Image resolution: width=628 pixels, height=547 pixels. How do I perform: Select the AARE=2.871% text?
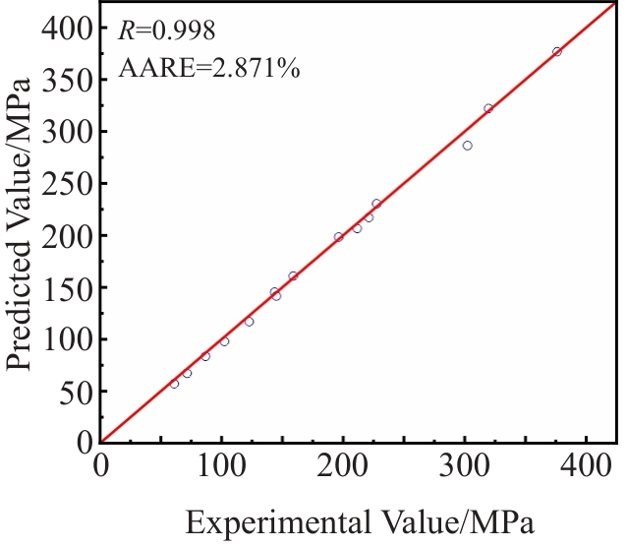[x=208, y=68]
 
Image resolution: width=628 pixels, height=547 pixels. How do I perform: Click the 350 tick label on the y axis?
[x=66, y=81]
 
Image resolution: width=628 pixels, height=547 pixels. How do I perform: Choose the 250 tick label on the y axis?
[x=66, y=184]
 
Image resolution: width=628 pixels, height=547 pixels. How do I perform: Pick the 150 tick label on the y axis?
[x=66, y=287]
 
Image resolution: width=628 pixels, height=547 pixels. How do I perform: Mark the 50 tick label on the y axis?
[x=73, y=391]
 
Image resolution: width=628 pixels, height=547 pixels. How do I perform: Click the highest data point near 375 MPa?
[x=556, y=51]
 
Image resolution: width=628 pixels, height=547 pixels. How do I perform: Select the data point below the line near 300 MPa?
[x=467, y=146]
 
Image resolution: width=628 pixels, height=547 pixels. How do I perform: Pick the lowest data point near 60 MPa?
[x=174, y=384]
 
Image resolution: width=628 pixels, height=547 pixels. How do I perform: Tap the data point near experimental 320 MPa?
[x=487, y=108]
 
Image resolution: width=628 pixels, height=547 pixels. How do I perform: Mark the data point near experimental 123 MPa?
[x=249, y=322]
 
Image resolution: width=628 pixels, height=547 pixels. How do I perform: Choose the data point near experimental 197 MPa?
[x=338, y=237]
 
